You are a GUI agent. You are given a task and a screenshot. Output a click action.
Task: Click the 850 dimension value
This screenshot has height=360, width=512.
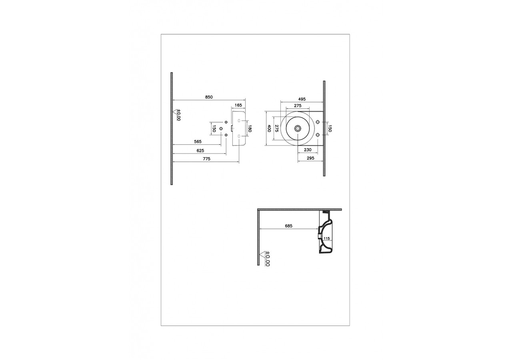[x=209, y=97]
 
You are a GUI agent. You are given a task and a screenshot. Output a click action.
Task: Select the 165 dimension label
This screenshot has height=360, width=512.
[x=238, y=105]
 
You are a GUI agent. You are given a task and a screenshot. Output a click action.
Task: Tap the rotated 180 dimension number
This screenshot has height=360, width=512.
[x=249, y=129]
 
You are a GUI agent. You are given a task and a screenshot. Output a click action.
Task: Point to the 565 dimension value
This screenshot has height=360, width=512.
[x=197, y=142]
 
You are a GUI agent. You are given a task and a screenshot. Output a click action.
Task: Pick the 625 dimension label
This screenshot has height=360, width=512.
[x=200, y=150]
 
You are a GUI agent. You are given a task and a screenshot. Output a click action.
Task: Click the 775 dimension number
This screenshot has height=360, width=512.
[x=206, y=159]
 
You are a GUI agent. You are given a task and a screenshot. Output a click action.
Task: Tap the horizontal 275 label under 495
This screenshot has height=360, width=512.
[x=298, y=106]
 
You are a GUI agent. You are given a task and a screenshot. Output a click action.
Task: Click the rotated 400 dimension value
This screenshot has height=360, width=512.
[x=270, y=129]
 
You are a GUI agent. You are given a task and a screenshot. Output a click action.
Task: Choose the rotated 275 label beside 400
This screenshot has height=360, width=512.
[x=276, y=129]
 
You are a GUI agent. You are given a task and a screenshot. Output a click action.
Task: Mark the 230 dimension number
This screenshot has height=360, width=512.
[x=308, y=150]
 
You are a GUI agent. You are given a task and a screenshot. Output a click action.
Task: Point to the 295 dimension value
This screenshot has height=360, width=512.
[x=311, y=158]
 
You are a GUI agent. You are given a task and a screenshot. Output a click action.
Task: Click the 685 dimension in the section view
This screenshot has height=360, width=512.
[x=288, y=226]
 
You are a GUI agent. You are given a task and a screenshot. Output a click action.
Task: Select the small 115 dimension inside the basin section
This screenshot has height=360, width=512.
[x=326, y=238]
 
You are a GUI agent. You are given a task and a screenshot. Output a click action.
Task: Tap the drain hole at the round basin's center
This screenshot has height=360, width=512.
[x=298, y=128]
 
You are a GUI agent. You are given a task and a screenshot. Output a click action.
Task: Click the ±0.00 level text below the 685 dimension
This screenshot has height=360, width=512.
[x=268, y=259]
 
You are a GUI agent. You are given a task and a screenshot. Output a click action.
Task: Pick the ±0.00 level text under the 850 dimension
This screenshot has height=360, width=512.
[x=179, y=115]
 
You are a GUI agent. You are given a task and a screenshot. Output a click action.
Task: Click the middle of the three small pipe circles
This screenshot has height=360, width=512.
[x=221, y=128]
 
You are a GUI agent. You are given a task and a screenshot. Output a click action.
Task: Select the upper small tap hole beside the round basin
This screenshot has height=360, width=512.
[x=318, y=122]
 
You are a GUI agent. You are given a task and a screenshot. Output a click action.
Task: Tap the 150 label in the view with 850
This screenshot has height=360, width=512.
[x=214, y=129]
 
